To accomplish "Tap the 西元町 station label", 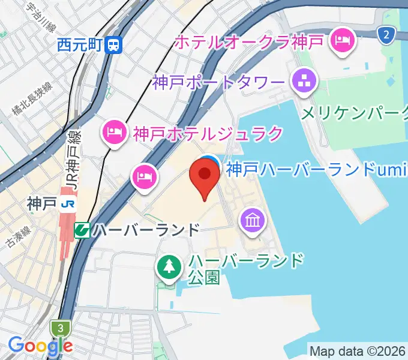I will (x=81, y=44).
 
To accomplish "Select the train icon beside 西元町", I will (x=113, y=44).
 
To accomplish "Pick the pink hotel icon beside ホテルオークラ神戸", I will (x=343, y=41).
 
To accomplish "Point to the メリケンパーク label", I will (x=354, y=113).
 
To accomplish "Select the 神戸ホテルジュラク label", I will (x=208, y=133).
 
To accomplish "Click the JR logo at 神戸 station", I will (x=68, y=205).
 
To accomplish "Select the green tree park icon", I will (x=170, y=266).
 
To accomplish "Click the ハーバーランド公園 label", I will (x=246, y=269).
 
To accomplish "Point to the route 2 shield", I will (x=387, y=35).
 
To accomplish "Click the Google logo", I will (x=40, y=346).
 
